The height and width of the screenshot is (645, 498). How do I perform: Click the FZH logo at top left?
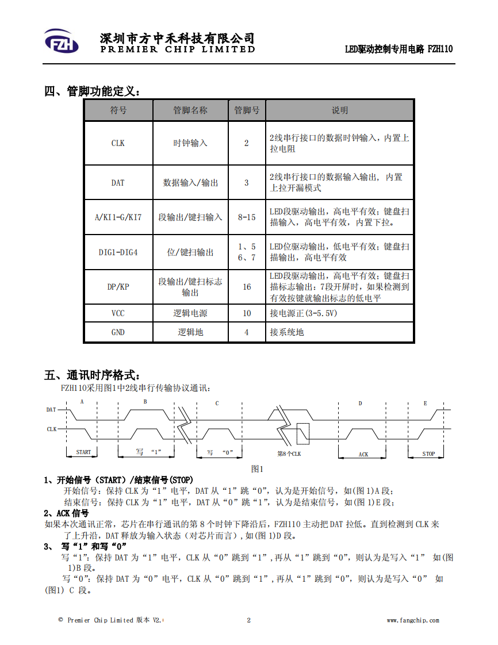click(62, 41)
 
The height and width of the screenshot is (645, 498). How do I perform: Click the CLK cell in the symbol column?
click(118, 143)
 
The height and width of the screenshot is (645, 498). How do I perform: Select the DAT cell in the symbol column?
click(118, 183)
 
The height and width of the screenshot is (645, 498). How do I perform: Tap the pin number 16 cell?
click(247, 287)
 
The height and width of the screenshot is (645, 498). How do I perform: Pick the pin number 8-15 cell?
click(247, 217)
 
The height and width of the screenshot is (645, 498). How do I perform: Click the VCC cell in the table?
click(118, 313)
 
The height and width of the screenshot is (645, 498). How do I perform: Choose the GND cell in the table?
click(118, 332)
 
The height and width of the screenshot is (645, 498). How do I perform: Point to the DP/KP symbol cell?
click(118, 287)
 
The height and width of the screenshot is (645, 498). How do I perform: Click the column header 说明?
click(340, 110)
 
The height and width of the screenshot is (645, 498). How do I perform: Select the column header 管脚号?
click(247, 110)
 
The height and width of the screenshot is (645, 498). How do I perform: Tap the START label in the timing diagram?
click(83, 452)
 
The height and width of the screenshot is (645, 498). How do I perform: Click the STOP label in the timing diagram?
click(428, 454)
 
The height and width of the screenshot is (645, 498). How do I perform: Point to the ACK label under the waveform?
click(363, 454)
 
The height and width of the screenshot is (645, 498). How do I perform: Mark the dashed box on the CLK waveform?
click(303, 433)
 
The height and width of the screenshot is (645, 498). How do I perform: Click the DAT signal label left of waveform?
click(51, 410)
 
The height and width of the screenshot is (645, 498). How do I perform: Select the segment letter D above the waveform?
click(360, 403)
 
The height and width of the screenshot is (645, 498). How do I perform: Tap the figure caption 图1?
click(257, 469)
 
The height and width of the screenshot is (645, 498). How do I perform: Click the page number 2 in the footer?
click(248, 620)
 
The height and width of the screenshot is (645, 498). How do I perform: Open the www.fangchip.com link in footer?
click(413, 620)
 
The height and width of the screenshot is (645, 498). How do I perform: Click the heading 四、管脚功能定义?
click(92, 91)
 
